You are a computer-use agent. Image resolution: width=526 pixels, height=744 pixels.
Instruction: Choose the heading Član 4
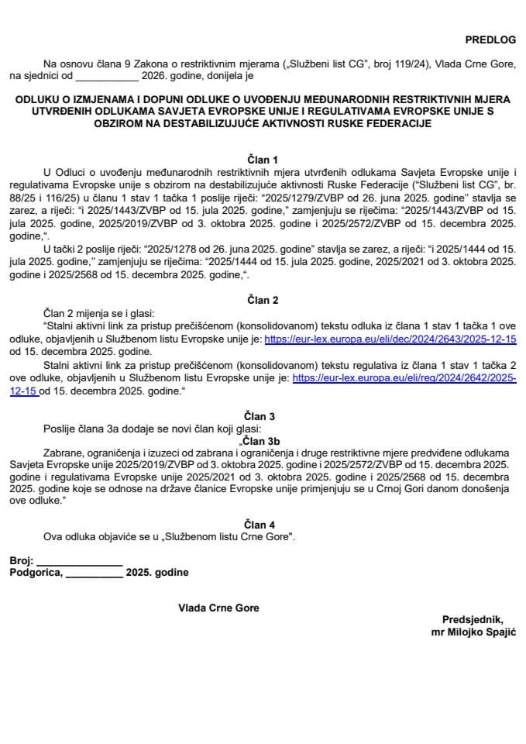coord(262,525)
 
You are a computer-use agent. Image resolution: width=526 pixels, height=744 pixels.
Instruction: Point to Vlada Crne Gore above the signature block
coord(218,608)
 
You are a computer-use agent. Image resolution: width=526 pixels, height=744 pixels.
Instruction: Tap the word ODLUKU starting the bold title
coord(38,99)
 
